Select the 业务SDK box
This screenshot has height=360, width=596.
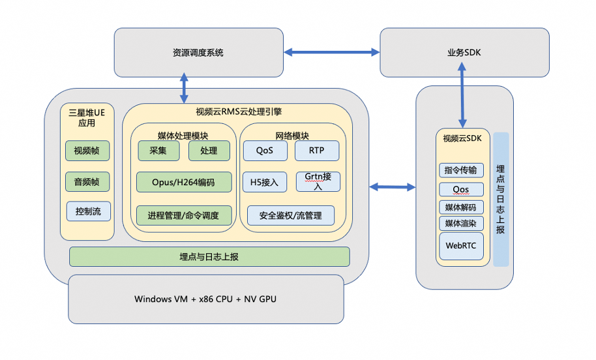coord(464,52)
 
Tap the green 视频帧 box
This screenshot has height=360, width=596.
coord(87,151)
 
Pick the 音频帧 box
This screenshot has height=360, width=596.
coord(87,181)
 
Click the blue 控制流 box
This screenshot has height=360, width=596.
coord(88,211)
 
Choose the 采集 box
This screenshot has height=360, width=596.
coord(158,151)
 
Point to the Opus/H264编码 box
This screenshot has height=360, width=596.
coord(184,182)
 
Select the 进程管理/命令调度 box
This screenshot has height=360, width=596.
coord(184,215)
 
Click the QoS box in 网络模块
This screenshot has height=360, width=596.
coord(264,151)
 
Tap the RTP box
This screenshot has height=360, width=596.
coord(317,151)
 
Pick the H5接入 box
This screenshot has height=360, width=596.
coord(264,182)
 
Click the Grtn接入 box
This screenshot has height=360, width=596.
coord(318,181)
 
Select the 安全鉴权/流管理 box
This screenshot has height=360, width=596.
coord(291,215)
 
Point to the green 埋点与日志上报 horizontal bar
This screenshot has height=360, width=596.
coord(209,256)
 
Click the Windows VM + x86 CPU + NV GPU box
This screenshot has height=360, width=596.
coord(205,299)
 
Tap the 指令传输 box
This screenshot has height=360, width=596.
coord(461,171)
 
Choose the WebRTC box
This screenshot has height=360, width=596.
coord(461,246)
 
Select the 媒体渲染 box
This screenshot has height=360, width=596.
coord(461,224)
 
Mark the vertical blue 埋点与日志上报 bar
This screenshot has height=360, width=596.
coord(501,199)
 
